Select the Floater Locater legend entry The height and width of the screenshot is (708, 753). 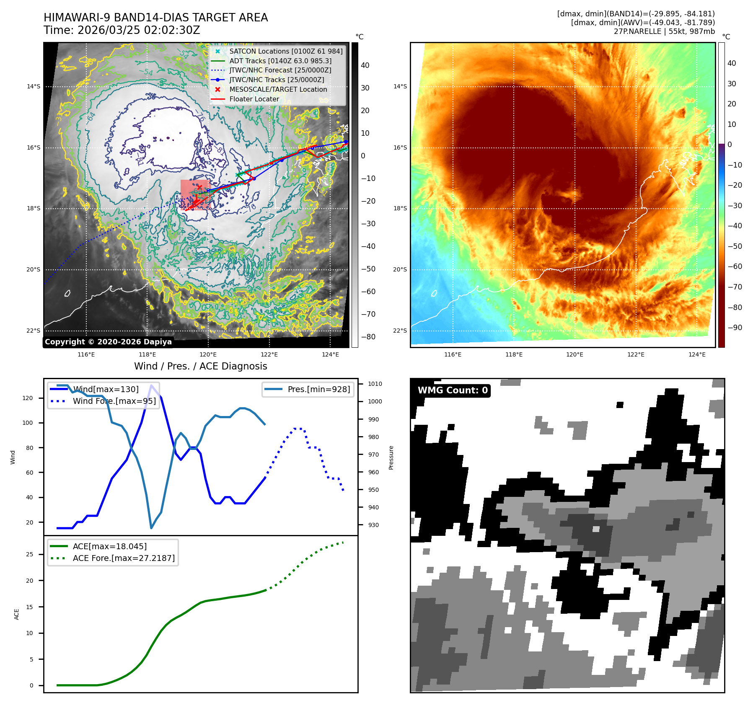254,99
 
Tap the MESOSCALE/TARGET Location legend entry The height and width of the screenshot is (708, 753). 278,89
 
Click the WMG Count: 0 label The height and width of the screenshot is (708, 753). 453,390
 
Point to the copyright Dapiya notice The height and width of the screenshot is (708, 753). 108,342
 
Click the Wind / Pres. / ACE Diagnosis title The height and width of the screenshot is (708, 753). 200,366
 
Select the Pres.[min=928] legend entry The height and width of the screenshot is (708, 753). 318,389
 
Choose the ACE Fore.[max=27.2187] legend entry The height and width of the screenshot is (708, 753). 124,558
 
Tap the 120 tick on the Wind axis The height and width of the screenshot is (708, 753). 28,398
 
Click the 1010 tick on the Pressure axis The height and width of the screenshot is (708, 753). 375,384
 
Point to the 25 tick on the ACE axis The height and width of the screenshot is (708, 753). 29,554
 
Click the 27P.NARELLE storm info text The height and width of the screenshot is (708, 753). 664,31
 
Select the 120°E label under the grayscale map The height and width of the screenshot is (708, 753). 208,354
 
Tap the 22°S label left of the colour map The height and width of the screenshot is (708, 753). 400,331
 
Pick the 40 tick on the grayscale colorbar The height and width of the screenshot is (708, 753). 365,65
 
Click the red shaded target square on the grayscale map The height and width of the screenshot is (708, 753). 194,195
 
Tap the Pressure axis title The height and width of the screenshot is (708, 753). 391,457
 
